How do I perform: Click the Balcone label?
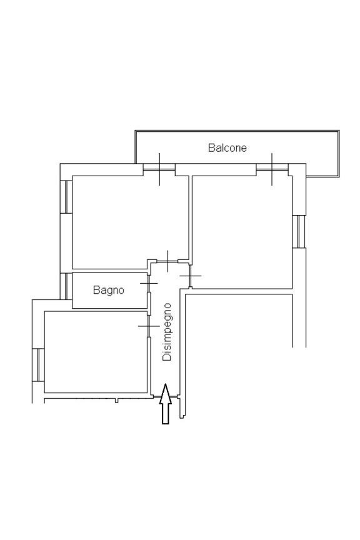227,147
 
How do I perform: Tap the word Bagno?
109,291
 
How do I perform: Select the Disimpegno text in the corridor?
167,332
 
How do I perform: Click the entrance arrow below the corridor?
166,404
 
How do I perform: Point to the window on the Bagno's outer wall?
66,286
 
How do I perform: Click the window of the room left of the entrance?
38,365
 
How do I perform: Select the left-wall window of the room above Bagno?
66,197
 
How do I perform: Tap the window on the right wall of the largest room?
299,231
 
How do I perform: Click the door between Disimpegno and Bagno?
149,283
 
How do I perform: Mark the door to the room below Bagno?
149,326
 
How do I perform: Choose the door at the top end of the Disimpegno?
167,261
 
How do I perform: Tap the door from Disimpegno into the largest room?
190,276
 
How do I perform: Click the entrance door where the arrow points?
166,397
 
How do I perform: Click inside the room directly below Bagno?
96,352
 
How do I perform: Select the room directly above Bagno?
130,222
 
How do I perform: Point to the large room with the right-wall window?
242,232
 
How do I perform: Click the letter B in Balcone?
211,147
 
